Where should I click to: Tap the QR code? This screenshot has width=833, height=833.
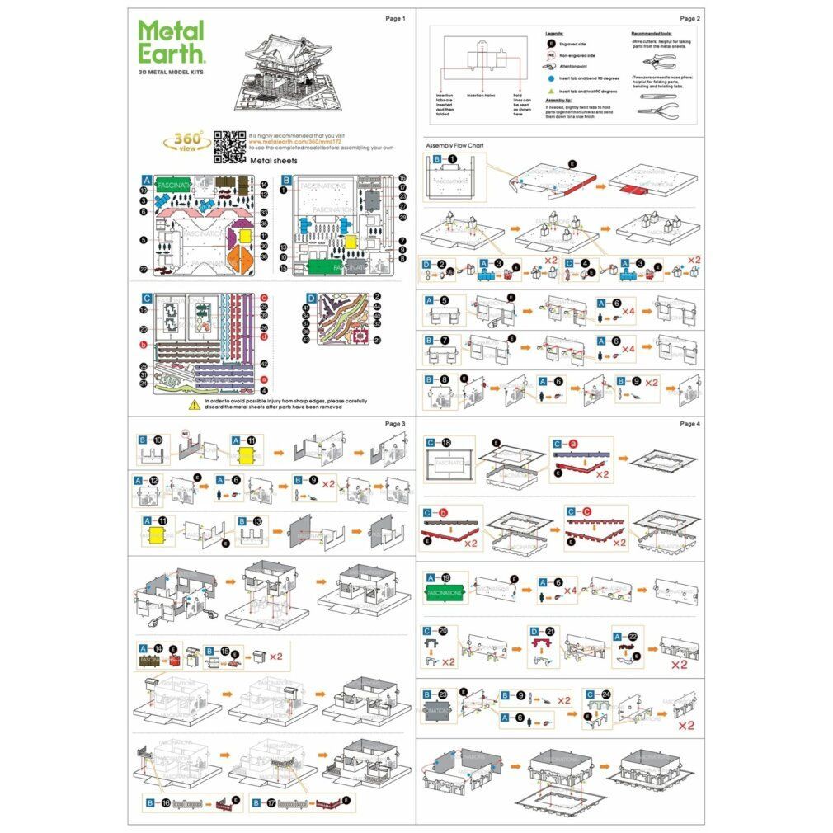click(x=229, y=145)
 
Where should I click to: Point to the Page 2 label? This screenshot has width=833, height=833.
click(x=689, y=18)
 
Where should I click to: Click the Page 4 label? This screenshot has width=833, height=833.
click(x=689, y=423)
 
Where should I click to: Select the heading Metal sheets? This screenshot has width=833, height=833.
click(x=272, y=162)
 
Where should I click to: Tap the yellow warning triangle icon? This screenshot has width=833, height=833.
click(x=195, y=402)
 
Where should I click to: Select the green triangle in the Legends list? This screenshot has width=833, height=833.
click(x=550, y=90)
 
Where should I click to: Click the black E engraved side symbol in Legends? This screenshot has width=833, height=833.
click(x=550, y=43)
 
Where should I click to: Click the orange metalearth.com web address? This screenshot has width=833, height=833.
click(x=289, y=141)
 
